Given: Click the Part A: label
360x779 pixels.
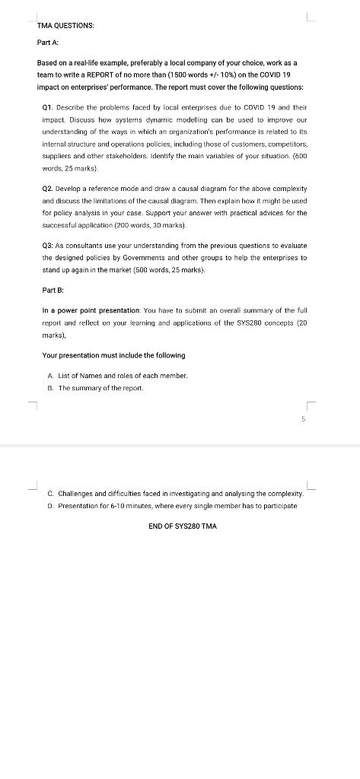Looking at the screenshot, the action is [48, 43].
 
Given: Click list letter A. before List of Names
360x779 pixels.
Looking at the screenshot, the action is [50, 376].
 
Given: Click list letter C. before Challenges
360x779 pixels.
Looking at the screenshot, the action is [50, 494].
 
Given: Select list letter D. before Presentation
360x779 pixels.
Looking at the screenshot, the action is [50, 506].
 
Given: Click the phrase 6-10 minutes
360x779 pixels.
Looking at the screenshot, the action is [118, 506].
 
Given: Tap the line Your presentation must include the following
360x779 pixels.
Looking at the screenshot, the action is [113, 355].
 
